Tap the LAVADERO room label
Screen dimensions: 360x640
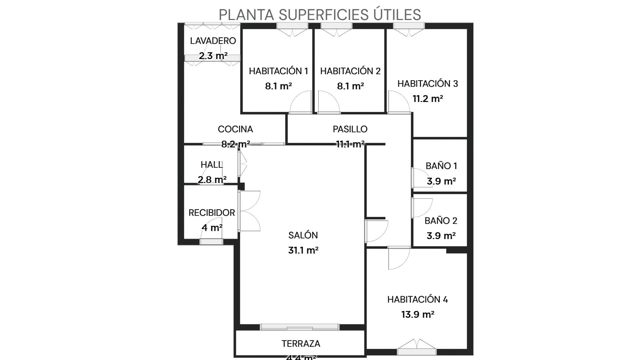pos(213,41)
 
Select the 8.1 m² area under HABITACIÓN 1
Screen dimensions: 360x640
pos(278,86)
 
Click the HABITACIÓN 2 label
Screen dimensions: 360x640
pos(350,71)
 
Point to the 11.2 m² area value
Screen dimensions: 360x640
pos(427,99)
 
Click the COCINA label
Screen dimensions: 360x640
pos(235,129)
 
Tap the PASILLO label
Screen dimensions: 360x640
pos(350,129)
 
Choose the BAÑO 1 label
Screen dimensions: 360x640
pos(441,166)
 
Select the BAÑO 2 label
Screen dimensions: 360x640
pos(441,221)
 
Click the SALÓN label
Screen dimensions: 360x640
pos(303,235)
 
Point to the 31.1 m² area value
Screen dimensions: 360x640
pos(303,250)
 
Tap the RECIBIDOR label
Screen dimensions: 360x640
pos(212,213)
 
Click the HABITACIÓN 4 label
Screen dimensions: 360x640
pos(417,299)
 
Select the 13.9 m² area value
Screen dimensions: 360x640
pos(417,314)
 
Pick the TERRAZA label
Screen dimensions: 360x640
pos(301,344)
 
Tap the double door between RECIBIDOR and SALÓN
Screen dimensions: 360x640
pos(249,211)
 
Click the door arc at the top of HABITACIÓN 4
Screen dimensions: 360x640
pos(399,258)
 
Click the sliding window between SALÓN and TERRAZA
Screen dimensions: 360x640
pos(299,327)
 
